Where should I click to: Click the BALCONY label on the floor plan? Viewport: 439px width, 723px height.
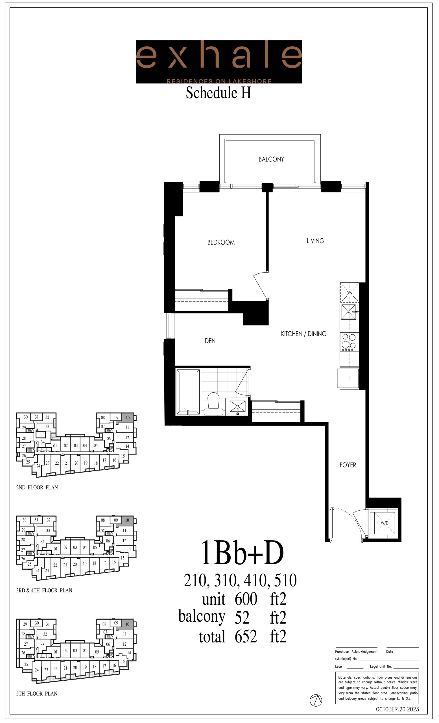click(271, 159)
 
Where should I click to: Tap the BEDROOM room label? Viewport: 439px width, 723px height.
click(221, 242)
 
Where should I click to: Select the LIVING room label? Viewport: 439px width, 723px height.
click(315, 241)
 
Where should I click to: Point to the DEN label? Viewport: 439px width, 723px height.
click(210, 341)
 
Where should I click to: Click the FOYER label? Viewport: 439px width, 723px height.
click(348, 465)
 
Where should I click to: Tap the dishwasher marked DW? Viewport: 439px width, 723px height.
click(349, 293)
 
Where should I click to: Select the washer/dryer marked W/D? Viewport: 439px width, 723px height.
click(384, 523)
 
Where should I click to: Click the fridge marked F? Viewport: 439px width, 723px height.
click(348, 378)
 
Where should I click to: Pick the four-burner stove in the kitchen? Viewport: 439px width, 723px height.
click(349, 342)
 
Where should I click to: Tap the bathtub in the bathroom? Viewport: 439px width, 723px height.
click(188, 392)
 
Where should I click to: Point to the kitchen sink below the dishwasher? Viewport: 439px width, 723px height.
click(348, 312)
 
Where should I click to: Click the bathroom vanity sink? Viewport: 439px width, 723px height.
click(237, 406)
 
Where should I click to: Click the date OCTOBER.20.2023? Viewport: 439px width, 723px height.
click(397, 709)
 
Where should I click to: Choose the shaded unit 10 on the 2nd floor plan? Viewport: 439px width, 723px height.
click(128, 417)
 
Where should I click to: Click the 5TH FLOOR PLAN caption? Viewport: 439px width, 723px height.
click(37, 694)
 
